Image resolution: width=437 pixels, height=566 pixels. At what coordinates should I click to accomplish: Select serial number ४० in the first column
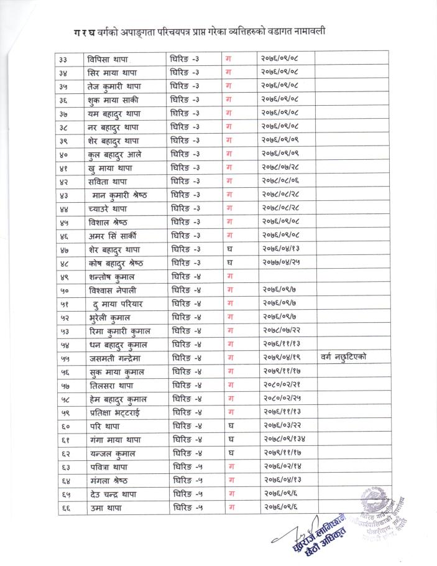pos(63,154)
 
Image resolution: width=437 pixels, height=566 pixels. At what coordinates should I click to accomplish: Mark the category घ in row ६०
pos(230,426)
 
